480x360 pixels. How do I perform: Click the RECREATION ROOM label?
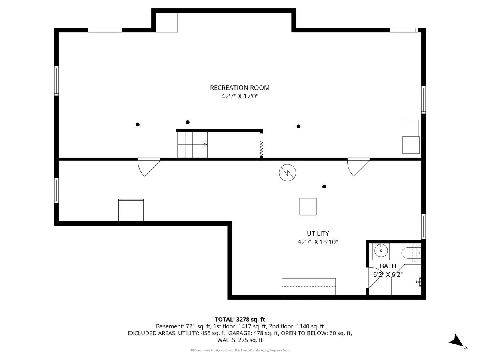240,88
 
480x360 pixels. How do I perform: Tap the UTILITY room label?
318,234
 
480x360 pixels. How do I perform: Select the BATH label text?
388,266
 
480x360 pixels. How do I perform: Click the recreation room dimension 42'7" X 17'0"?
240,96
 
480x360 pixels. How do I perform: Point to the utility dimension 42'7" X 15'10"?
318,242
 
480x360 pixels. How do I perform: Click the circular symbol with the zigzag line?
287,172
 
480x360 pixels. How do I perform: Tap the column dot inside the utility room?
324,186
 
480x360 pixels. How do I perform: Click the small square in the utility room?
308,206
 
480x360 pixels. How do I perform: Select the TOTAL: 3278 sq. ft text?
240,320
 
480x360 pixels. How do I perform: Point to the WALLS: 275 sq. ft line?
240,340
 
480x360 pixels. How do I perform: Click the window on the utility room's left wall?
56,190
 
